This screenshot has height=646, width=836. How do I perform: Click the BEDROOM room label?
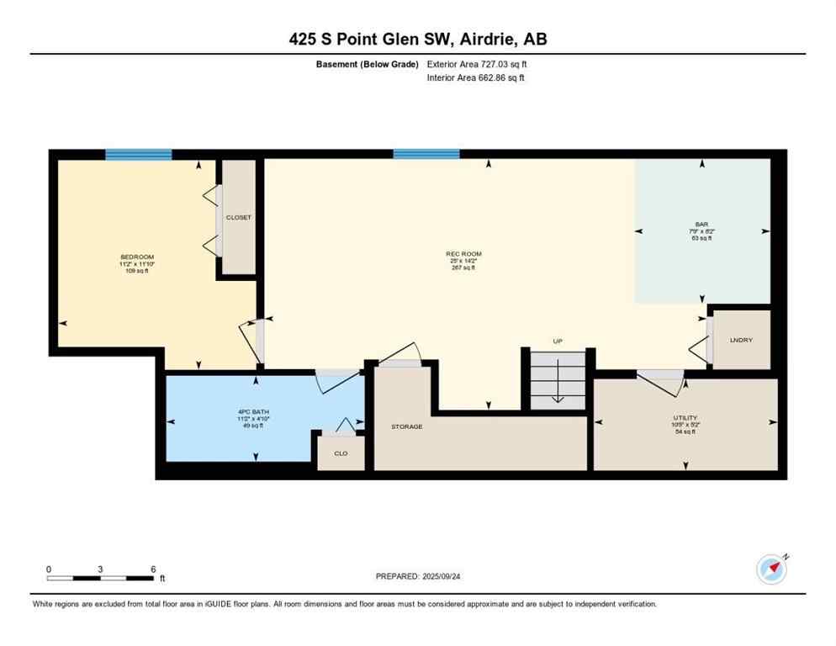pyautogui.click(x=137, y=257)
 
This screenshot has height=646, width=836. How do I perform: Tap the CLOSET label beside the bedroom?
pyautogui.click(x=238, y=218)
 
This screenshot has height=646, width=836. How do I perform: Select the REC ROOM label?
pyautogui.click(x=463, y=254)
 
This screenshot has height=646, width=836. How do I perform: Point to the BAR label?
pyautogui.click(x=701, y=225)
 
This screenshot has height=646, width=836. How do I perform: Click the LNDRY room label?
pyautogui.click(x=741, y=340)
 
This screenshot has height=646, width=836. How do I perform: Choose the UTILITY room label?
pyautogui.click(x=685, y=417)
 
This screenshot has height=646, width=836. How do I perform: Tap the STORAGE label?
pyautogui.click(x=406, y=426)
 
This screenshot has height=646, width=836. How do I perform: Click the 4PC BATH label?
pyautogui.click(x=253, y=411)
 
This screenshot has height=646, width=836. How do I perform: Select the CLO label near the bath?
pyautogui.click(x=341, y=453)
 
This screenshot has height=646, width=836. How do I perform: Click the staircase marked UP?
pyautogui.click(x=557, y=379)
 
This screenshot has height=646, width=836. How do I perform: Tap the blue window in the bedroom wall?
pyautogui.click(x=139, y=154)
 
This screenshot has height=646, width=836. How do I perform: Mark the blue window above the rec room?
pyautogui.click(x=426, y=154)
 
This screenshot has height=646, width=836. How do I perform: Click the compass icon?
pyautogui.click(x=771, y=569)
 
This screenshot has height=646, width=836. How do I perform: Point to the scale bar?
pyautogui.click(x=101, y=578)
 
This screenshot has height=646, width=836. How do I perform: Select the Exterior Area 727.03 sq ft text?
pyautogui.click(x=477, y=64)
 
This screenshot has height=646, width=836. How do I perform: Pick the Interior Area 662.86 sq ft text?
pyautogui.click(x=476, y=77)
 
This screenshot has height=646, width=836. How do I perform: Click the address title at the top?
pyautogui.click(x=418, y=39)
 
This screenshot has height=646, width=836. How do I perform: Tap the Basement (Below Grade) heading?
pyautogui.click(x=368, y=64)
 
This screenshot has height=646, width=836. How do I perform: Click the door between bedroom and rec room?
pyautogui.click(x=257, y=341)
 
